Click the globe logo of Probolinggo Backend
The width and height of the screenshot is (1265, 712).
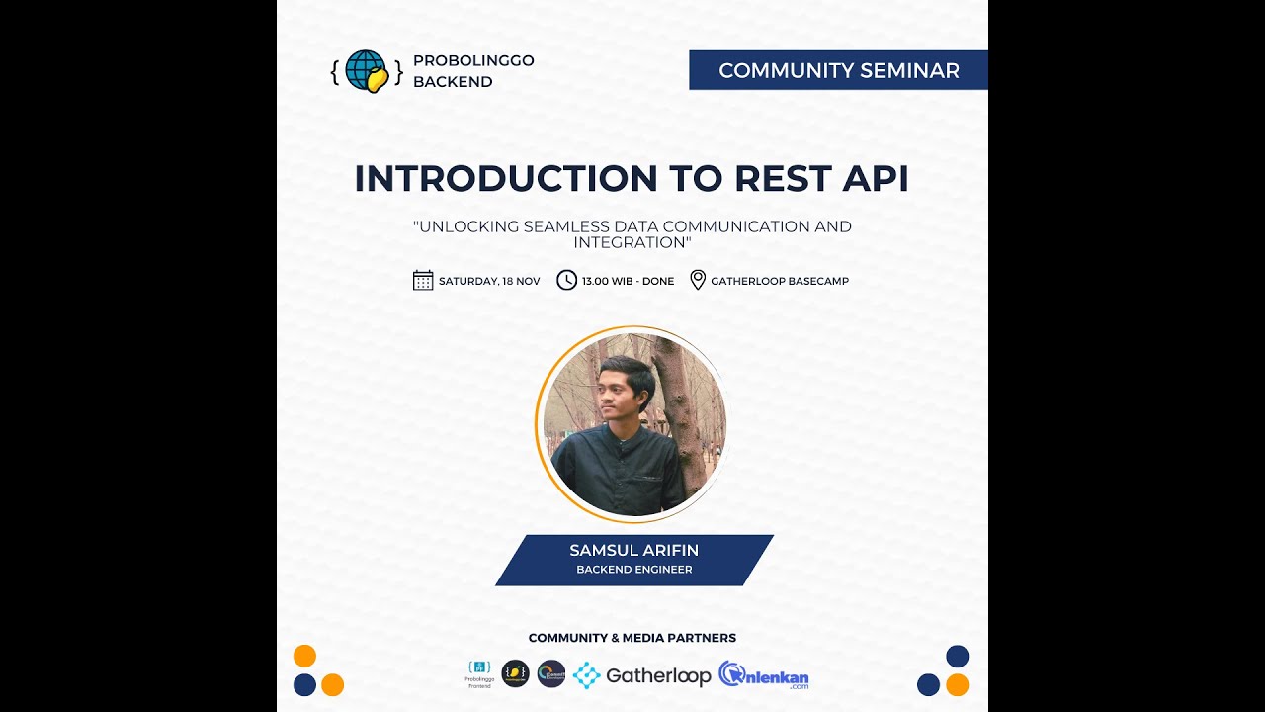tap(367, 71)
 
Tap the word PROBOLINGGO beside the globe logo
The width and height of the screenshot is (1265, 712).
tap(473, 60)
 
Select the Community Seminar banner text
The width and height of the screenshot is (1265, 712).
tap(838, 70)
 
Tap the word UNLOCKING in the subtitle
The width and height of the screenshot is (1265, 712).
tap(468, 226)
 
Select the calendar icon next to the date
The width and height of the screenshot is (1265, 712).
tap(423, 281)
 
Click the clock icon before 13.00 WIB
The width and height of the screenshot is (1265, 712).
tap(566, 281)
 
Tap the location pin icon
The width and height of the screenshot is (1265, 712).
tap(698, 281)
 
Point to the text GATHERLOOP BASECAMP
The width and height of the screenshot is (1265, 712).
tap(779, 281)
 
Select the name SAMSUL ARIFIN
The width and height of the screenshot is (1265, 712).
tap(633, 550)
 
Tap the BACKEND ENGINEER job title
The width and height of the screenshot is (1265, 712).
tap(633, 570)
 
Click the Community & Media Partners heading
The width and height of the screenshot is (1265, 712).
tap(632, 638)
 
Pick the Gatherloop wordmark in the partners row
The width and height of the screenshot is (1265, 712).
tap(658, 676)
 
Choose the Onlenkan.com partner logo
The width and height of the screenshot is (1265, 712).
tap(764, 675)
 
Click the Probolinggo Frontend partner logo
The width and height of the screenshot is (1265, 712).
tap(479, 673)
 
